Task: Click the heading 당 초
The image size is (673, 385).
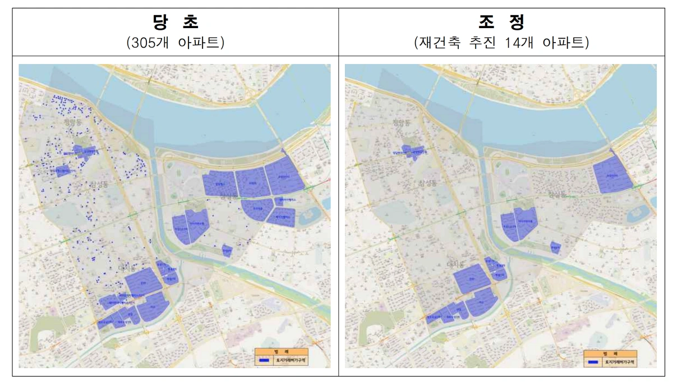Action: [x=176, y=22]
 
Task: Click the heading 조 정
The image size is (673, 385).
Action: [x=501, y=22]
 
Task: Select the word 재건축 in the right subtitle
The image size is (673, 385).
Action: [x=440, y=43]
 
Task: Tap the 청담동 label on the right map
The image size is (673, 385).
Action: [x=402, y=122]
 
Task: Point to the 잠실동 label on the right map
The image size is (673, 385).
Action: [x=557, y=195]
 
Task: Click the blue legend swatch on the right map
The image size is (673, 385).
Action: [x=592, y=363]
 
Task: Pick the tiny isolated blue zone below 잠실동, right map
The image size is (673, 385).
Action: [x=555, y=247]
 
